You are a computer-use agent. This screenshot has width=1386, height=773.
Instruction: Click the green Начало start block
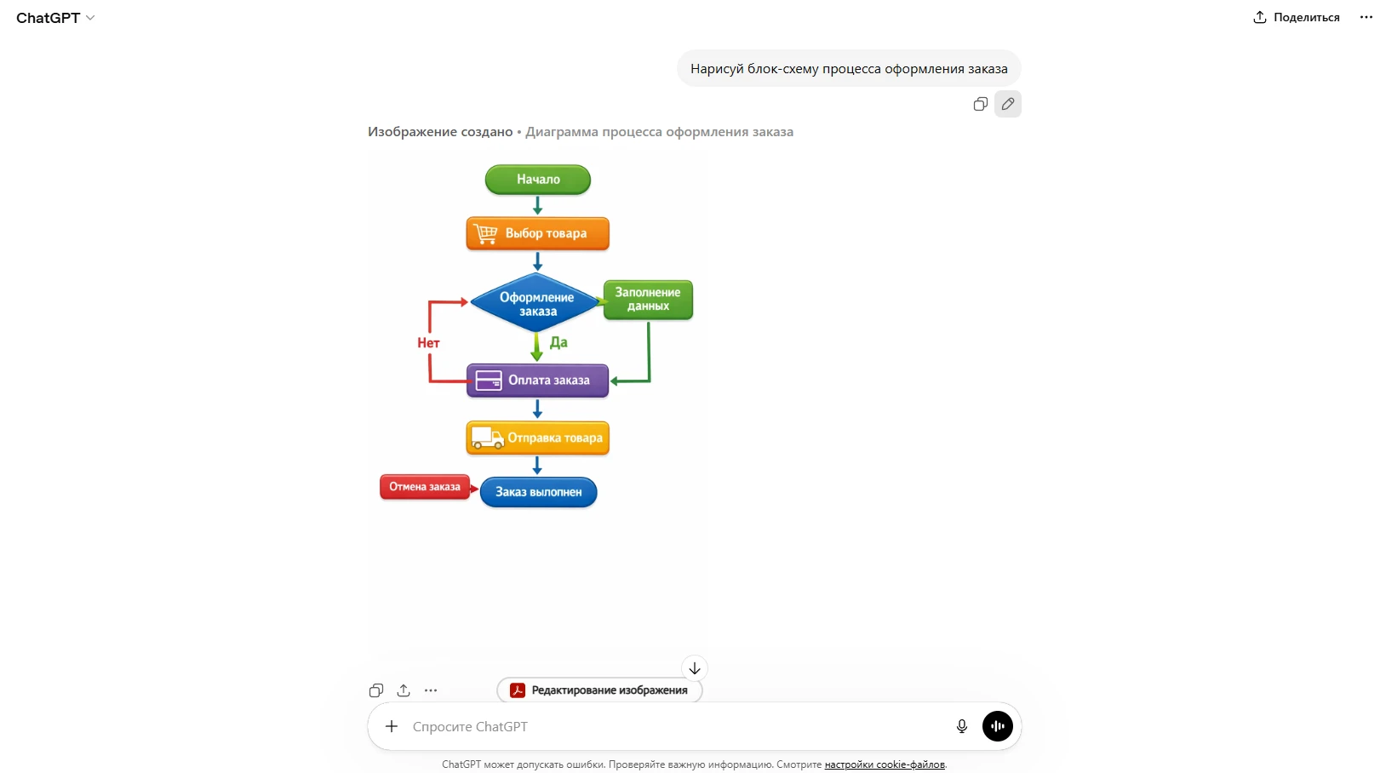coord(538,180)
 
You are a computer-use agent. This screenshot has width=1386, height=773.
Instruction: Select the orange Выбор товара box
coord(538,233)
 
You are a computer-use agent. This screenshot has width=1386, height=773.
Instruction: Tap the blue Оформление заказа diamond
coord(535,303)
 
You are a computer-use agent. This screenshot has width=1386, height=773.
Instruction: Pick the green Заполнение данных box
coord(648,300)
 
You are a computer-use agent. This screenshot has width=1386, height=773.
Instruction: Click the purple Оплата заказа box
coord(538,380)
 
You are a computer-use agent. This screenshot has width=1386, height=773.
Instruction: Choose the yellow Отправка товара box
coord(538,438)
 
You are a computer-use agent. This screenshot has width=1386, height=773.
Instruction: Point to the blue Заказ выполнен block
coord(538,492)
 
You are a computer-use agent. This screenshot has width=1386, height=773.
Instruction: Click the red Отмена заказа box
coord(425,487)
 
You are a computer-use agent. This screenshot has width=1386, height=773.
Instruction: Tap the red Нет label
coord(428,343)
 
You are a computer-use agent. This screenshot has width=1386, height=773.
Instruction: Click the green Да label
coord(558,342)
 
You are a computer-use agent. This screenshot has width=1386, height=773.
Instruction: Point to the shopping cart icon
coord(486,233)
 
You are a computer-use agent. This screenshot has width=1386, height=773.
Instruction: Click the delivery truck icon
coord(487,438)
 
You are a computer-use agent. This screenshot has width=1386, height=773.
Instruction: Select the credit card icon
coord(488,380)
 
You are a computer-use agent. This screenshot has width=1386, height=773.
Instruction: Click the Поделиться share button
coord(1297,17)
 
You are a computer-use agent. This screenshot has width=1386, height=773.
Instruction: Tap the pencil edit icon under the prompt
coord(1008,104)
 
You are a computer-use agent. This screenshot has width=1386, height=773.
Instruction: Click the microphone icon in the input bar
coord(961,726)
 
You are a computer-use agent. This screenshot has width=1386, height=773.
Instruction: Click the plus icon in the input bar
coord(391,726)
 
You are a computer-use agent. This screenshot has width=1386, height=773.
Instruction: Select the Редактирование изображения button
coord(599,690)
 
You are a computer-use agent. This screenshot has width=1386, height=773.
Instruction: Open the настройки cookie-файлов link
coord(885,764)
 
